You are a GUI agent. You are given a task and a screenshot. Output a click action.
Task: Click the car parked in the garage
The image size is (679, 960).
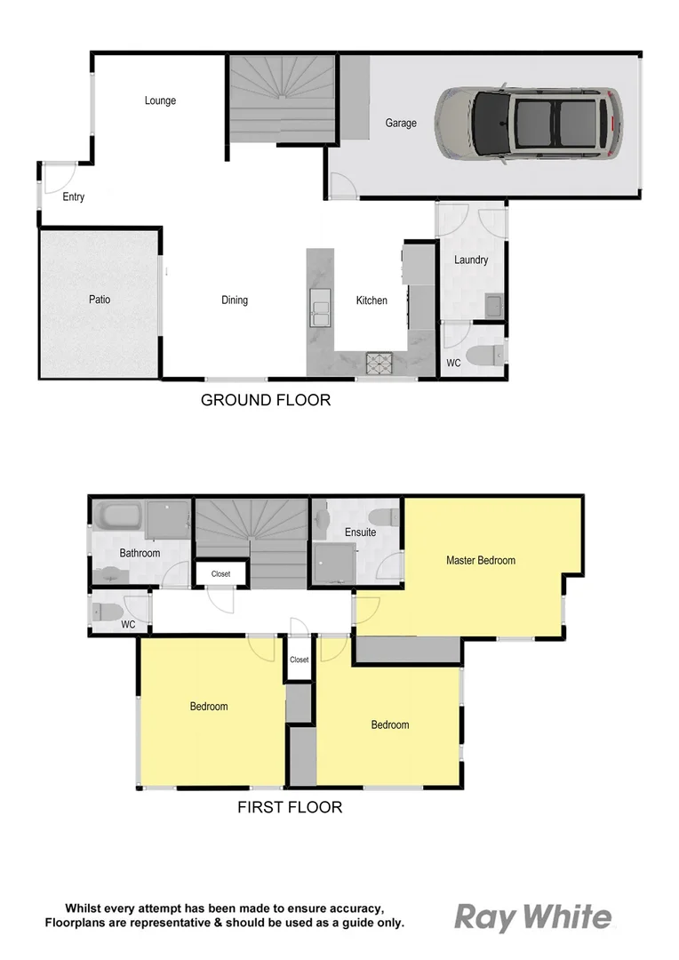[528, 124]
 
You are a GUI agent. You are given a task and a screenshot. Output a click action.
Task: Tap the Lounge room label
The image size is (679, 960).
[160, 100]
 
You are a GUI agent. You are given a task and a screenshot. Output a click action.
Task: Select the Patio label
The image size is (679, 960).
[100, 300]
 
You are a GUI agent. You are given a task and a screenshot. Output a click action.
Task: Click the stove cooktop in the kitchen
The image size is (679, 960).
[379, 363]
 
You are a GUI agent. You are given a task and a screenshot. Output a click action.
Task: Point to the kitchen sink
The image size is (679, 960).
[319, 310]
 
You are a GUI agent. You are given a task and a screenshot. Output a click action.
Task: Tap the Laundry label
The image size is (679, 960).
[471, 260]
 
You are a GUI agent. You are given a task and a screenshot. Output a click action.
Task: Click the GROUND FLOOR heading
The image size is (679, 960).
[266, 400]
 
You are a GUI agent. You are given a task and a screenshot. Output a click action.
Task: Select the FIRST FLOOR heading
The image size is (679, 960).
[290, 808]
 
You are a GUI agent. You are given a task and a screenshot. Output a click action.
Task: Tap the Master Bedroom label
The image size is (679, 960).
[480, 560]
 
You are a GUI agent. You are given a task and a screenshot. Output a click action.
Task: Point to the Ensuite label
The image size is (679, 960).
[360, 532]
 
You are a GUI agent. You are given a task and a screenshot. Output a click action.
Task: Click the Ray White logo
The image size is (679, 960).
[533, 917]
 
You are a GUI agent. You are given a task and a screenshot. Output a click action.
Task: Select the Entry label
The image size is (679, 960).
[73, 197]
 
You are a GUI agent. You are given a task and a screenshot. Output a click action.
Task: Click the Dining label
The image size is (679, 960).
[235, 300]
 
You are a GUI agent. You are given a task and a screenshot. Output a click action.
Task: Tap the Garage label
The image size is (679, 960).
[401, 124]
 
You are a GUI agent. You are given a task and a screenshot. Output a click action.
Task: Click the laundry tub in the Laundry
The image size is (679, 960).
[494, 307]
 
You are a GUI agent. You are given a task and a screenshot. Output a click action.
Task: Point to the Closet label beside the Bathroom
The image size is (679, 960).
[220, 574]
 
